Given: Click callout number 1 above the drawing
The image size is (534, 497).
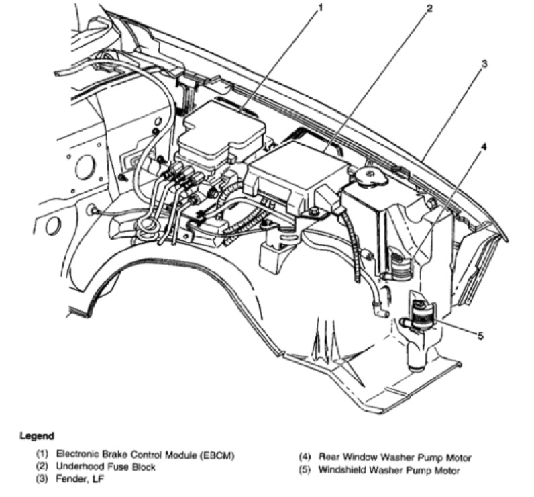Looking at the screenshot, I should coord(320,8).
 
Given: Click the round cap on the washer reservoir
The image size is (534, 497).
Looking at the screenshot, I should coord(370,176).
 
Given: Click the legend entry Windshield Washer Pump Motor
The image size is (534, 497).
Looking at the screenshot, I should coord(389,470).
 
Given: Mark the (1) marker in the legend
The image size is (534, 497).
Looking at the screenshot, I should coord(43,456).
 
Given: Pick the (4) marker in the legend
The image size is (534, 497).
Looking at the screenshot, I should coord(305,458).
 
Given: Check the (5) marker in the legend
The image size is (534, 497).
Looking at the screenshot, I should coord(305,470).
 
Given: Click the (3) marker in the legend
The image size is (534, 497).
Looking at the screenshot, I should coord(43,479).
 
